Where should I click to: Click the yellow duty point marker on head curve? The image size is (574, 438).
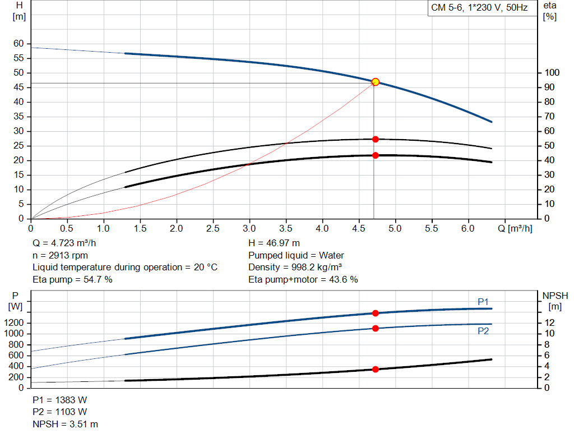click(376, 82)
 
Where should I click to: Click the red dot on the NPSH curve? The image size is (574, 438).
click(376, 369)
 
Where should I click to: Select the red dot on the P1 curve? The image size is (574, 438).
click(376, 313)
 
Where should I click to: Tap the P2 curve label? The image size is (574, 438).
click(483, 331)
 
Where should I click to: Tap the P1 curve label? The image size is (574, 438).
click(483, 302)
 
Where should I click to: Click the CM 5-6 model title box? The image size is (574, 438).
click(479, 8)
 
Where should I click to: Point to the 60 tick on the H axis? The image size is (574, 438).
click(18, 44)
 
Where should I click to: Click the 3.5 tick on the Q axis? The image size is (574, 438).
click(286, 229)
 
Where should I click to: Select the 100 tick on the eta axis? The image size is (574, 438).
click(552, 73)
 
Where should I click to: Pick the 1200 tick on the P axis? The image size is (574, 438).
click(14, 323)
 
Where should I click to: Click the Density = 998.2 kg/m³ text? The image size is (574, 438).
click(295, 267)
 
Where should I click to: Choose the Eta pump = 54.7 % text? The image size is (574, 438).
click(72, 279)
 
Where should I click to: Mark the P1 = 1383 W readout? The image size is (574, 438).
click(60, 400)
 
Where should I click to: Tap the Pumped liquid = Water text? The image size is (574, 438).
click(296, 255)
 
